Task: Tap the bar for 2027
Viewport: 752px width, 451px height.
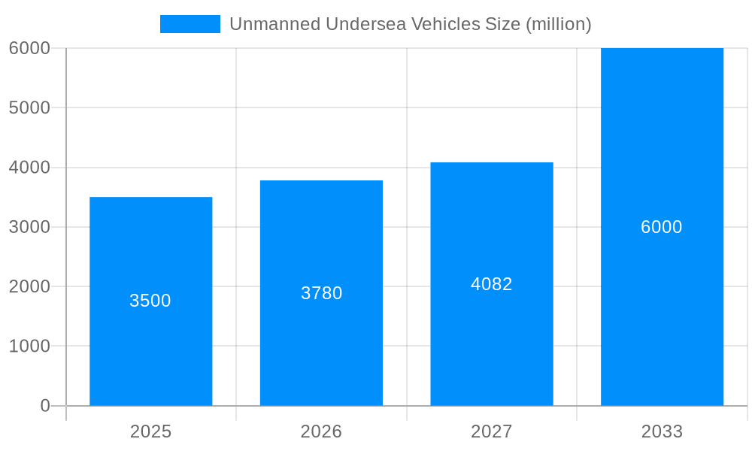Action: click(492, 346)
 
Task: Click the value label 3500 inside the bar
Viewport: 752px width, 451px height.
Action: click(150, 301)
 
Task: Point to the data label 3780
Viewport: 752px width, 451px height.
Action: click(321, 293)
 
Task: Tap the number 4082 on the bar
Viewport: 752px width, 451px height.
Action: click(492, 284)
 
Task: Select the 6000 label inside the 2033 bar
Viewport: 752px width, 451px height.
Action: click(662, 227)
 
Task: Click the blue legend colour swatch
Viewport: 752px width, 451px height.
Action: click(190, 24)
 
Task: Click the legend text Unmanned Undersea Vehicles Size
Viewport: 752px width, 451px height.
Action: click(410, 24)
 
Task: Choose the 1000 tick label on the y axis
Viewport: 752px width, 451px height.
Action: click(29, 347)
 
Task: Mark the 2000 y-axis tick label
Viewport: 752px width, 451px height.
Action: click(29, 286)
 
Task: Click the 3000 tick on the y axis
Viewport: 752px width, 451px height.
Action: click(29, 227)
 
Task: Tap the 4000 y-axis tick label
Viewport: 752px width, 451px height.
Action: click(29, 168)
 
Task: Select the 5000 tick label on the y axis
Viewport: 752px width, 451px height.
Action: click(29, 107)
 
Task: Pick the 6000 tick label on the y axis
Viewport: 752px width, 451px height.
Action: click(29, 48)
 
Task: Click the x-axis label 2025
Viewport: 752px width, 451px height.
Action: click(150, 431)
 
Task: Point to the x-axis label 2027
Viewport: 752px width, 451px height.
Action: click(492, 431)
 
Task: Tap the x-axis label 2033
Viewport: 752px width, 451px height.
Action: click(662, 431)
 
